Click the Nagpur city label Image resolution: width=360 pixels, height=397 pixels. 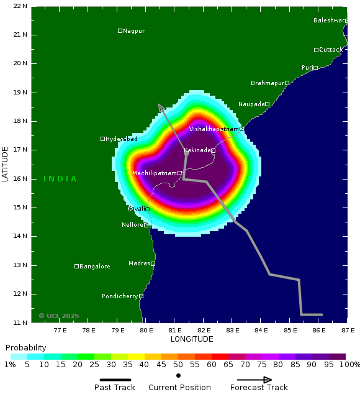133,31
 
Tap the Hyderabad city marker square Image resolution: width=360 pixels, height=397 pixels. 102,139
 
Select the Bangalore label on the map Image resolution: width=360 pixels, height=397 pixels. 95,267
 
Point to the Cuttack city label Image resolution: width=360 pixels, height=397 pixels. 331,50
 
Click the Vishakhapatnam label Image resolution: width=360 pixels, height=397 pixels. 214,129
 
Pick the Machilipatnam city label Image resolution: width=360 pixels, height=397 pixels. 155,173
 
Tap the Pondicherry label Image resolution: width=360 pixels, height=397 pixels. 120,296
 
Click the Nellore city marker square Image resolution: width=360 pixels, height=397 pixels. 146,225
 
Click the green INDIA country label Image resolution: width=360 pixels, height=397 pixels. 60,179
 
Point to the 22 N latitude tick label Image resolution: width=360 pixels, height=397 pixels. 20,6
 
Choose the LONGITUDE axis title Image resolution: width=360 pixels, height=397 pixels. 192,339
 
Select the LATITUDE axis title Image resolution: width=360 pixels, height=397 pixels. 6,164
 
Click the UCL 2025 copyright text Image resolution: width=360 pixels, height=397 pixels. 59,316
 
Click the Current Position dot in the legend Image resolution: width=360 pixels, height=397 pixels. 179,375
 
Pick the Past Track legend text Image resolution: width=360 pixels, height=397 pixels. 115,388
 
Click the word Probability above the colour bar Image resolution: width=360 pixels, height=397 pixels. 26,347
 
